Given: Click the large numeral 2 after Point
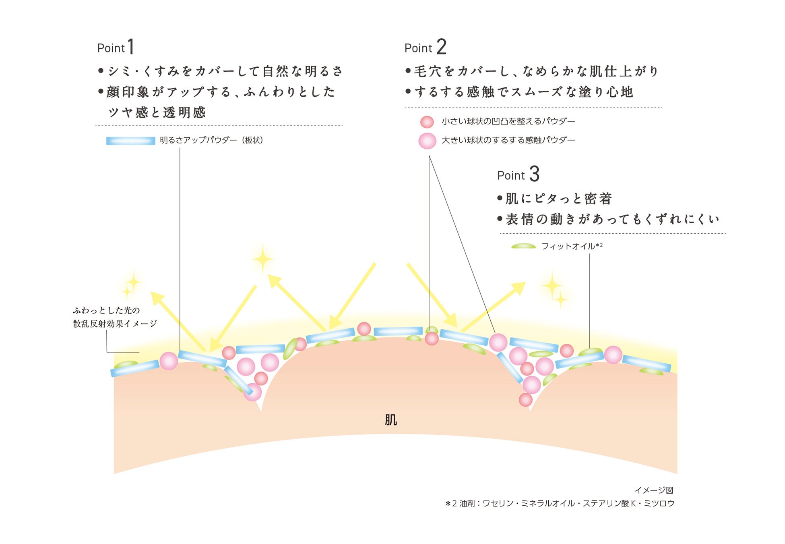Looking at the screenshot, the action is [x=441, y=47].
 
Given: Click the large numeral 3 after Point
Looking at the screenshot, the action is [x=534, y=174].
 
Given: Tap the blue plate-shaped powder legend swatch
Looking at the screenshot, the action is [x=130, y=141].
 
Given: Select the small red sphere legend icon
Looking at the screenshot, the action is [x=427, y=122].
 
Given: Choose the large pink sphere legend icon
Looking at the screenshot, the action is [x=427, y=141].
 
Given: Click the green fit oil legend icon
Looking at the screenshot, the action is [x=523, y=246].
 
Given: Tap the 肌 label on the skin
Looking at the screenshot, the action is [x=390, y=420].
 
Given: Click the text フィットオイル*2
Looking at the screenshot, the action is [x=572, y=246].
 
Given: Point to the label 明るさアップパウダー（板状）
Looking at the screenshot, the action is [x=211, y=140].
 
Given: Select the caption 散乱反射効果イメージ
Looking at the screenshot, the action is [x=115, y=324].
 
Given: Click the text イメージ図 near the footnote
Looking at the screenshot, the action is [x=654, y=490].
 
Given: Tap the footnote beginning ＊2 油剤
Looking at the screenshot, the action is [x=560, y=503].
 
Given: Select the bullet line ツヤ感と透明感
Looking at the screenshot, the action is [x=157, y=112].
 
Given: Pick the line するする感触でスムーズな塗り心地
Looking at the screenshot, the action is [x=523, y=92].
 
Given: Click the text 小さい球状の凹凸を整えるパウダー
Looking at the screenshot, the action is [x=508, y=121].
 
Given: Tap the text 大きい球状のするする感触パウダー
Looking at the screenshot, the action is [x=508, y=140].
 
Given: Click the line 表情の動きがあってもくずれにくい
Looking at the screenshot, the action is [x=612, y=219].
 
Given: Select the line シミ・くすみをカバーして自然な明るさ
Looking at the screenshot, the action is [x=225, y=71].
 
